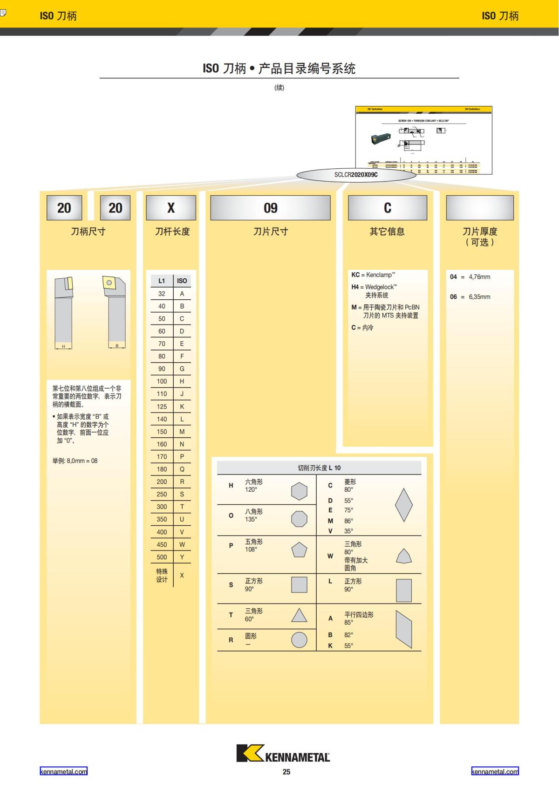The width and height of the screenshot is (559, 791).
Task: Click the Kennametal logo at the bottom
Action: [283, 753]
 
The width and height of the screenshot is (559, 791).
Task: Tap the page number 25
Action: [286, 772]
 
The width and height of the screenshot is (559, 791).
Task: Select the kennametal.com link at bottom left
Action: [63, 771]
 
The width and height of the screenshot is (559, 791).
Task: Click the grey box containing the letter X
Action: [171, 208]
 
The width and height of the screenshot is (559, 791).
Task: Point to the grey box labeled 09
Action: [270, 208]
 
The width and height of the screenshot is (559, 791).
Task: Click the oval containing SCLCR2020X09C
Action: [356, 175]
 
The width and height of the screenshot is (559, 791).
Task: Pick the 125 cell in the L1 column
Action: [162, 406]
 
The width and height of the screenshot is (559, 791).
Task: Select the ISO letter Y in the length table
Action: [182, 557]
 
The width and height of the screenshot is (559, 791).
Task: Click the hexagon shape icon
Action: [299, 491]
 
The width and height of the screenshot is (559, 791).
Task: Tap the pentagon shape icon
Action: [299, 550]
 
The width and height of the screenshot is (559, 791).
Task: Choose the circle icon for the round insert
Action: [299, 640]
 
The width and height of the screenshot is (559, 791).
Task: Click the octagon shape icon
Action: [299, 519]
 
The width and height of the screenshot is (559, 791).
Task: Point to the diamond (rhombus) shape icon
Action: [403, 505]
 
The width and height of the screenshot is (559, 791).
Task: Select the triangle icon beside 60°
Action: [299, 616]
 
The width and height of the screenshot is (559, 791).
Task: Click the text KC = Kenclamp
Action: [373, 275]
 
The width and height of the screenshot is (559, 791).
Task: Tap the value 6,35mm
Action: [479, 297]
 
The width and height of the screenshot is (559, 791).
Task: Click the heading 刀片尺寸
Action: [270, 232]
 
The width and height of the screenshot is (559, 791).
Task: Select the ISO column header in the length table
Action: [182, 281]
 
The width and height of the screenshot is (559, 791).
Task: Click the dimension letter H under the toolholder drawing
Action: [63, 346]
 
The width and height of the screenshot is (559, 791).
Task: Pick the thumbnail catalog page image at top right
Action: [423, 140]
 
